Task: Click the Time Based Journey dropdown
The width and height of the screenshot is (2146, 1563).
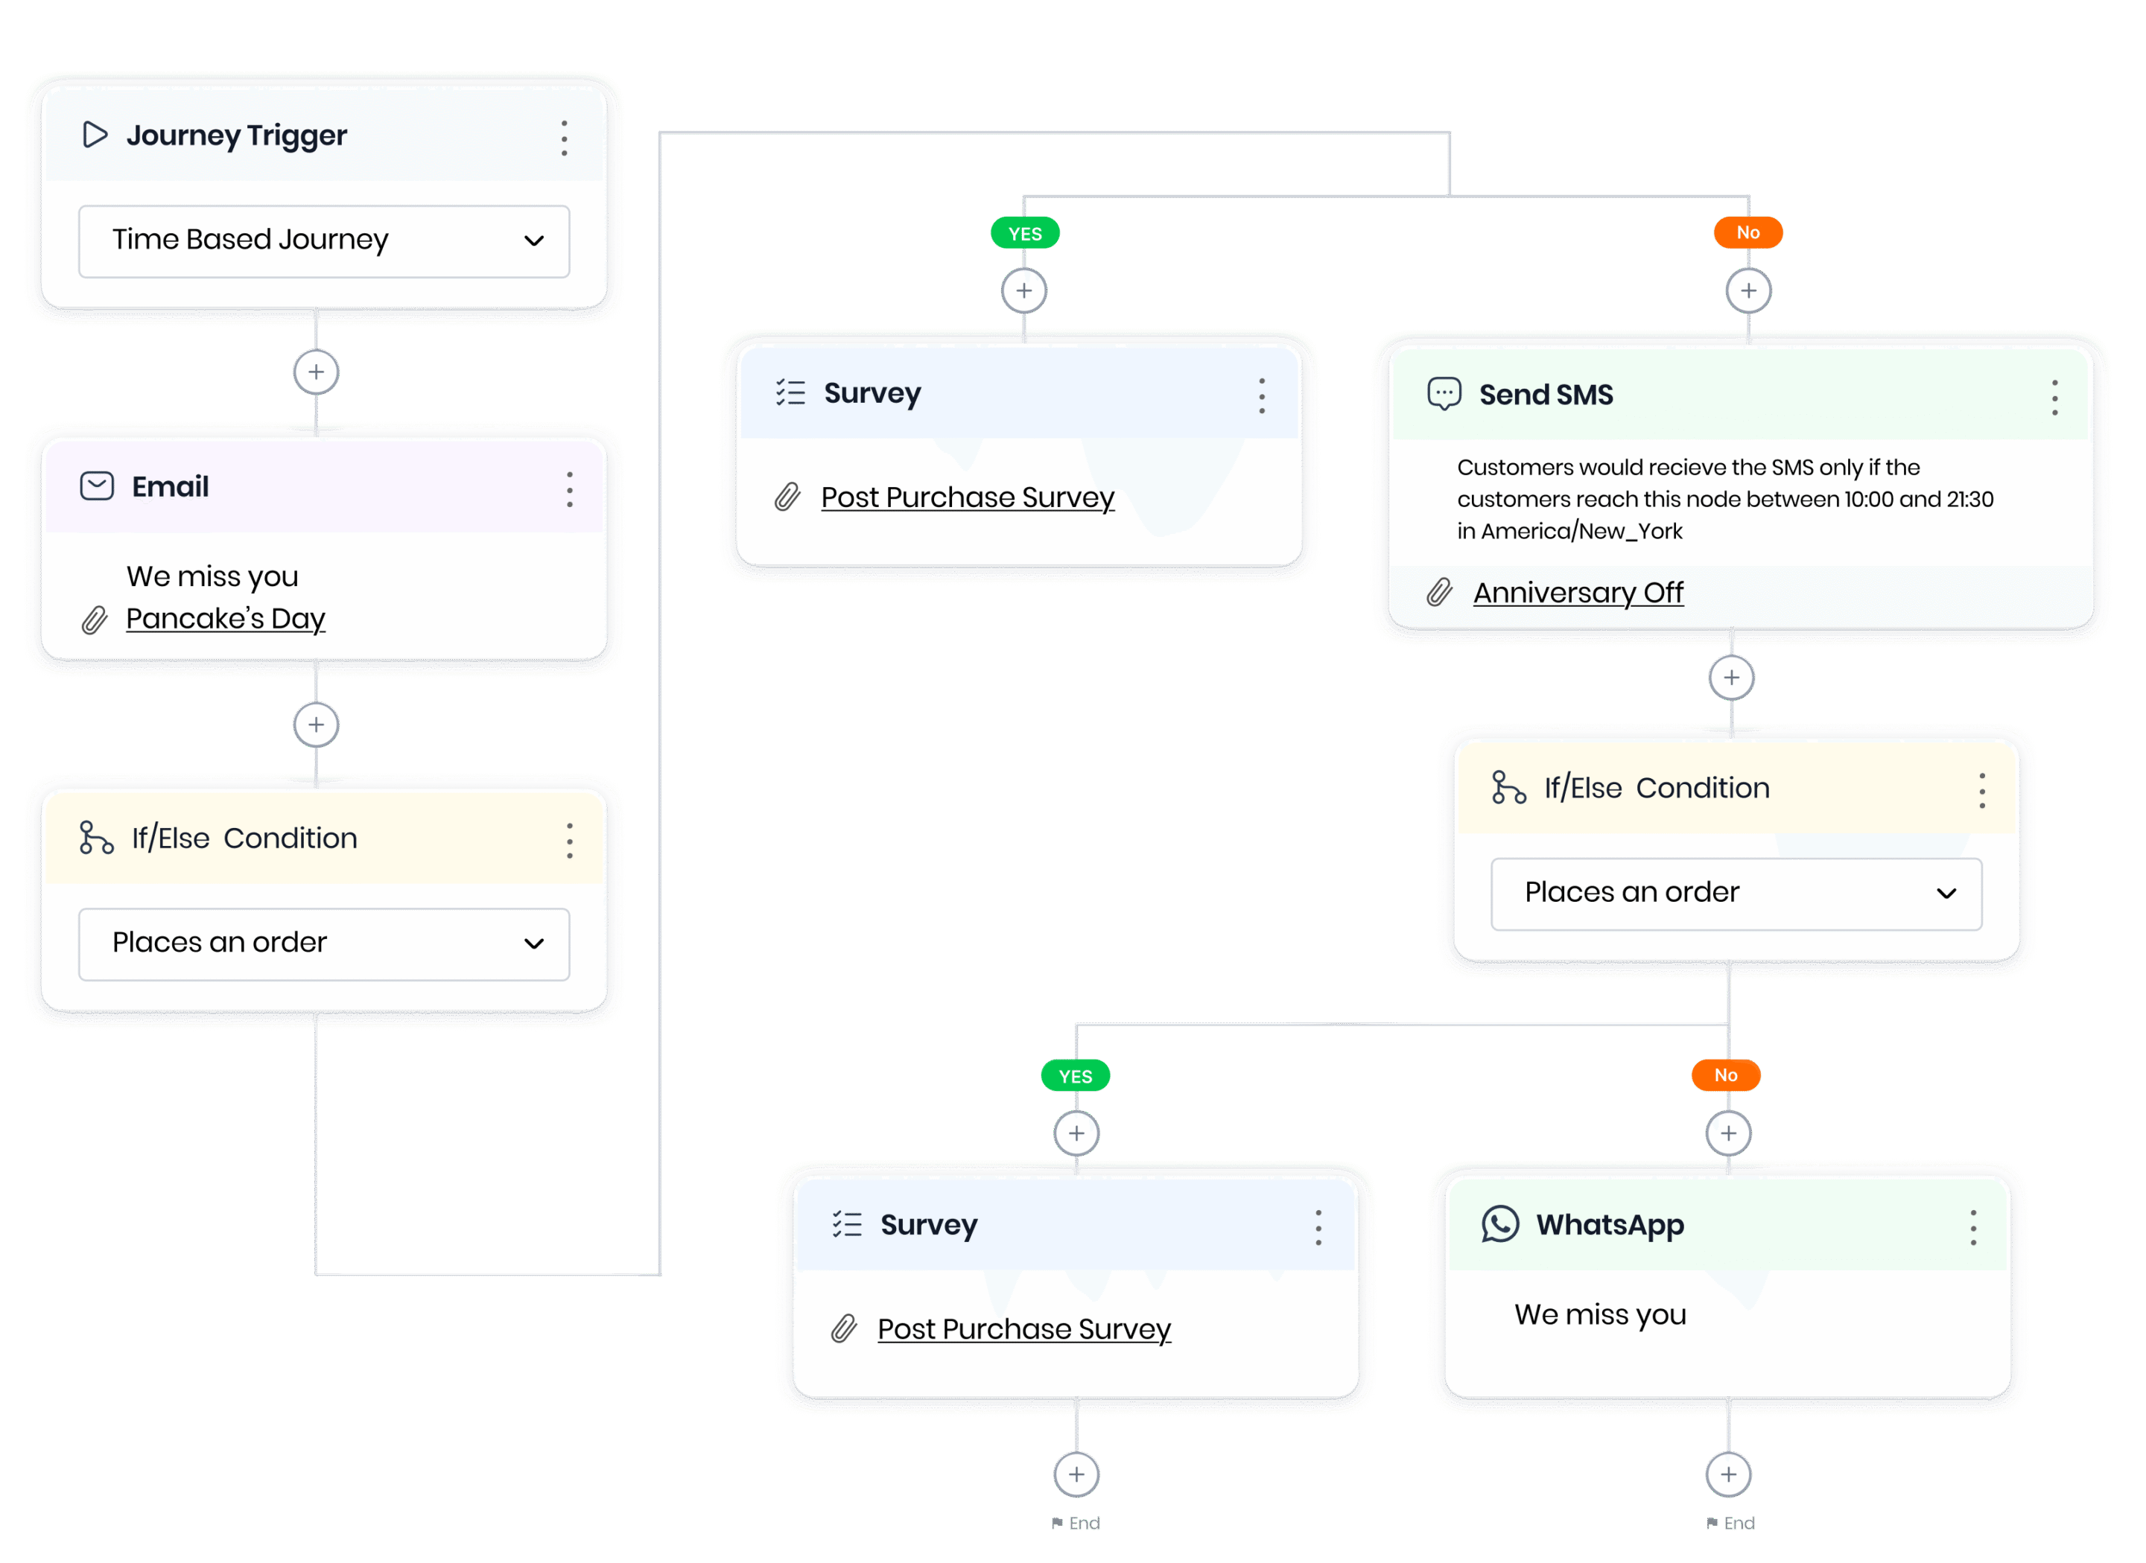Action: point(323,241)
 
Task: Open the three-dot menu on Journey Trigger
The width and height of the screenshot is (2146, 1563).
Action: point(564,139)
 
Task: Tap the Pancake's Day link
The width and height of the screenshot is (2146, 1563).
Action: point(225,619)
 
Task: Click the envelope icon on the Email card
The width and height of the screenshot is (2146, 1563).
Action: point(97,486)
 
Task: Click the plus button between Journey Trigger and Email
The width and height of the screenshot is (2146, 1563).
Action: point(316,372)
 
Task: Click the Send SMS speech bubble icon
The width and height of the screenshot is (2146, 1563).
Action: point(1444,394)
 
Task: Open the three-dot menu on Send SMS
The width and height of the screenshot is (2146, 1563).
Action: point(2054,398)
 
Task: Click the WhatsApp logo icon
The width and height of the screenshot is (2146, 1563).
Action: point(1499,1223)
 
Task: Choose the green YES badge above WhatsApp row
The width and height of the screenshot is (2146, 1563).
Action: point(1075,1076)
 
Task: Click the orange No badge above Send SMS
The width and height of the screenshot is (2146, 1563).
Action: point(1747,233)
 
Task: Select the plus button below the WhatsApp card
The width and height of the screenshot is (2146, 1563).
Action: point(1728,1474)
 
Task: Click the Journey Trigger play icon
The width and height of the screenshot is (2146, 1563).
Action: point(95,134)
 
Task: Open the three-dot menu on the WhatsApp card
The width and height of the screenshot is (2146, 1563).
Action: point(1973,1227)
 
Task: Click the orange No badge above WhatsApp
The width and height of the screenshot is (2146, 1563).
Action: point(1725,1075)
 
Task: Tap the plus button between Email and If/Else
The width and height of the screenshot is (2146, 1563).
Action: point(316,725)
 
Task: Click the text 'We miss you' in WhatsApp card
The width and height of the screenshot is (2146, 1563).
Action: point(1599,1314)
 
